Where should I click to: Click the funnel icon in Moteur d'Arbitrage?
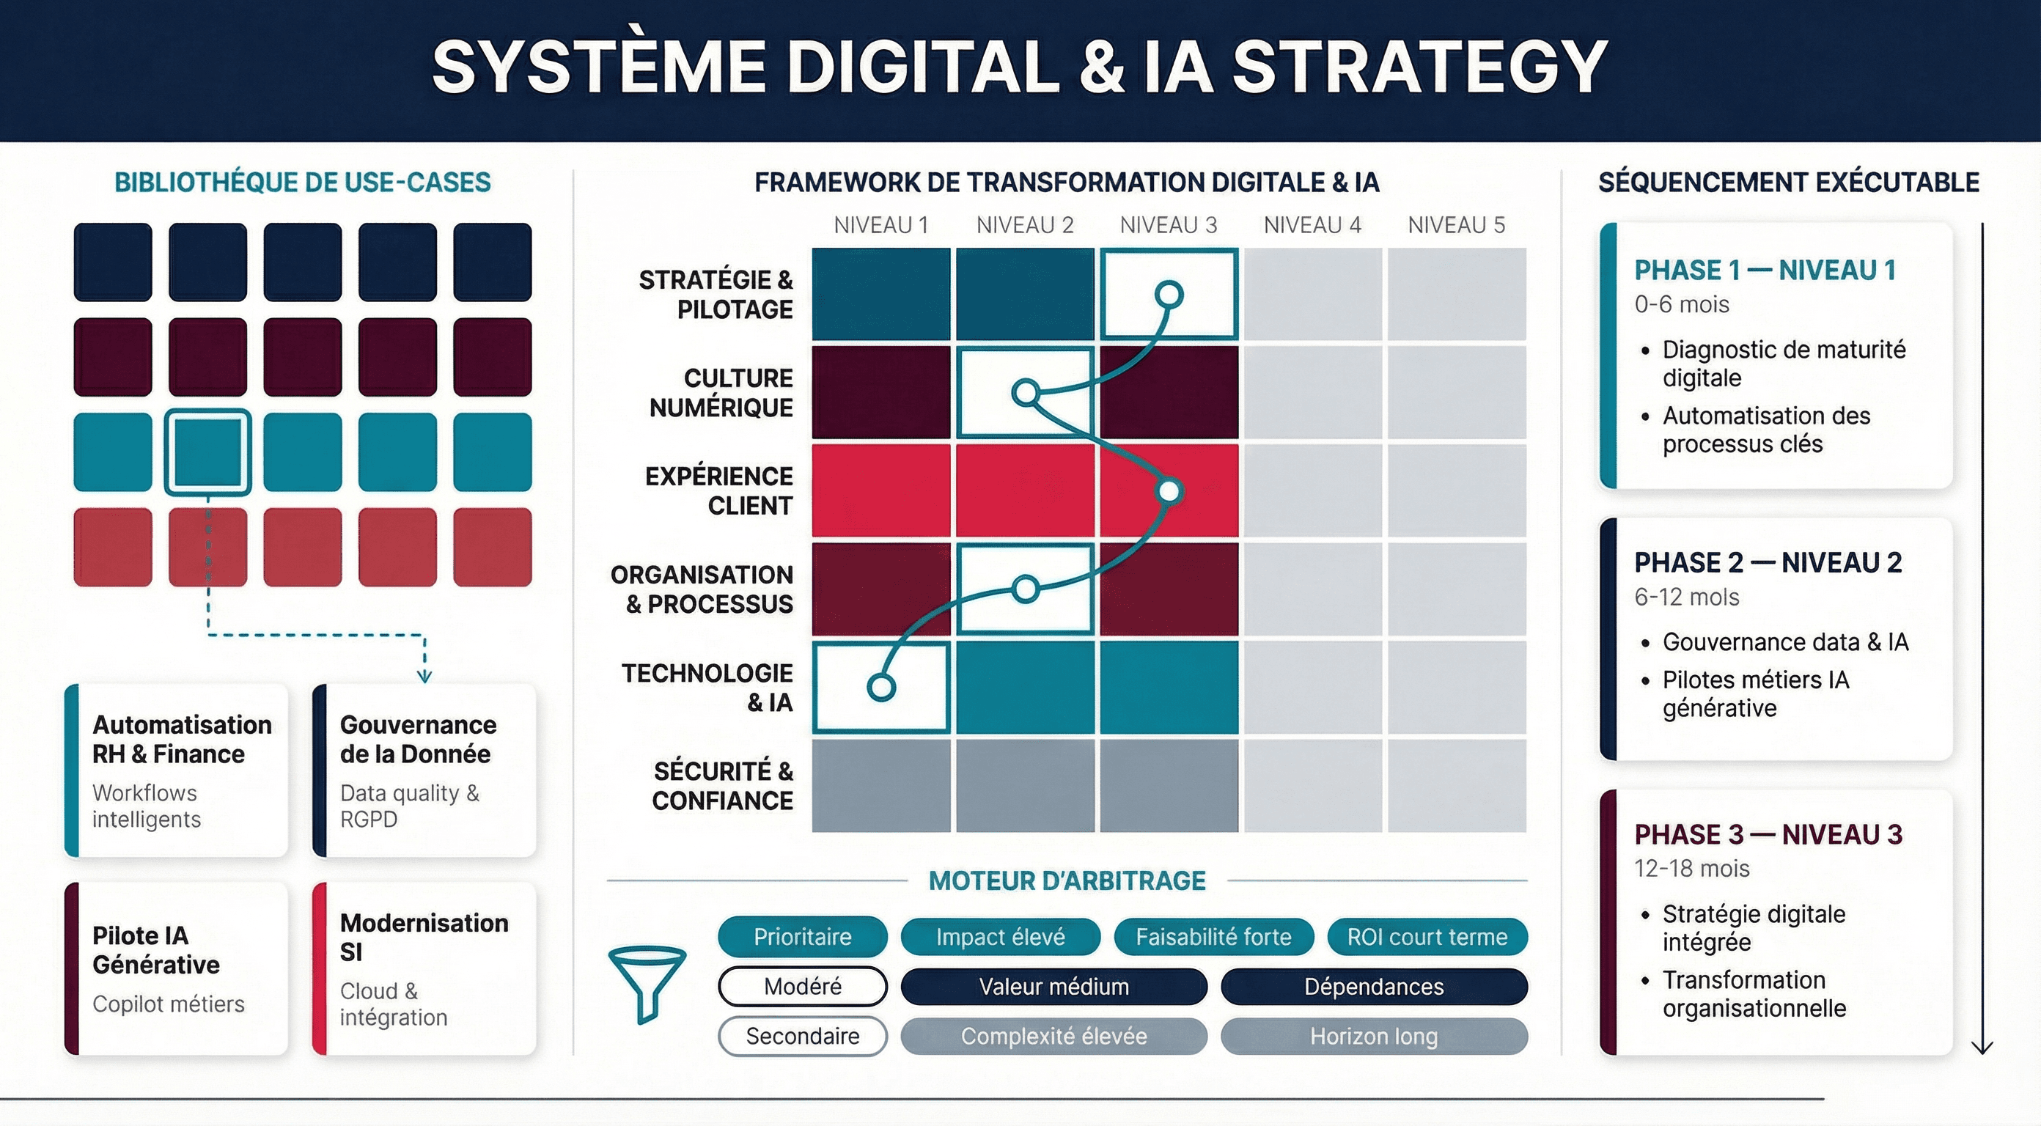click(647, 983)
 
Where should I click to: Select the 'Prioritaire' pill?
click(802, 937)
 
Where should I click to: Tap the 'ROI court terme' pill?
click(1427, 937)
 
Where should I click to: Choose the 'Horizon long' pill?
click(1373, 1036)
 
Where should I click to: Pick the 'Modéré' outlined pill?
click(802, 987)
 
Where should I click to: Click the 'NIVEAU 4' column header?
click(1312, 226)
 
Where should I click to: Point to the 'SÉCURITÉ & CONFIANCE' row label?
click(722, 785)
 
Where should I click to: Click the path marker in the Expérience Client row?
click(1169, 491)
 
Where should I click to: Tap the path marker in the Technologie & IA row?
click(881, 687)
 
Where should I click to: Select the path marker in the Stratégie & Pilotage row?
click(1169, 295)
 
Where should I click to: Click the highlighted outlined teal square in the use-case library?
click(207, 452)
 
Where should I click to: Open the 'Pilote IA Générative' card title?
click(156, 949)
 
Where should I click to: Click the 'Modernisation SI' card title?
click(424, 937)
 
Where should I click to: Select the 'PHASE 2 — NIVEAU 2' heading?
click(1768, 562)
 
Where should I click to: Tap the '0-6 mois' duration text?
click(1681, 304)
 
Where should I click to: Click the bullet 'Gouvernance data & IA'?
click(1785, 642)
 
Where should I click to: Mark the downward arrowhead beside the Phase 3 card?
click(1982, 1047)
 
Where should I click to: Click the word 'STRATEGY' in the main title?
click(1420, 67)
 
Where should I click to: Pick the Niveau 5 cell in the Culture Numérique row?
click(1456, 392)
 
